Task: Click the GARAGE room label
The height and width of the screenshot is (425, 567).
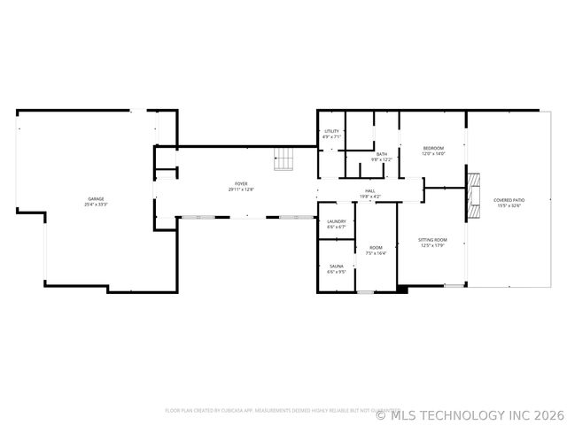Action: (x=96, y=198)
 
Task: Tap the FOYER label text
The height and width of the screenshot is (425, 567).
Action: (x=241, y=183)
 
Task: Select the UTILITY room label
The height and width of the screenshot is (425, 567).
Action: (x=331, y=131)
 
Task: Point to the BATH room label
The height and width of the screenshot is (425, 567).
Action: (x=381, y=154)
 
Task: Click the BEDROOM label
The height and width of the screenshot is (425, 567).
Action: (x=433, y=147)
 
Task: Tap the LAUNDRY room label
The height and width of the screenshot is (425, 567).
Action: (x=336, y=221)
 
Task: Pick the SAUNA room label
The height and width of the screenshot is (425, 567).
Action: (x=336, y=266)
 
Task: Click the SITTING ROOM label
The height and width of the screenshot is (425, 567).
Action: (x=433, y=240)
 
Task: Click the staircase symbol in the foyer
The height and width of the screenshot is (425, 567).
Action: (x=283, y=158)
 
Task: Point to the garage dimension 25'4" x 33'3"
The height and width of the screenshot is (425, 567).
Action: (x=96, y=205)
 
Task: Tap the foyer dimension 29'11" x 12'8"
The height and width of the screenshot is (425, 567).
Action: (x=241, y=189)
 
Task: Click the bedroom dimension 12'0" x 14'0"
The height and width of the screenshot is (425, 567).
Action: (x=433, y=153)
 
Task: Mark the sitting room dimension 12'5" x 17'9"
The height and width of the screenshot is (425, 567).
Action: (x=433, y=246)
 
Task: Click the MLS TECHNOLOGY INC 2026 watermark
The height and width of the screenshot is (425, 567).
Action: (x=470, y=413)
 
